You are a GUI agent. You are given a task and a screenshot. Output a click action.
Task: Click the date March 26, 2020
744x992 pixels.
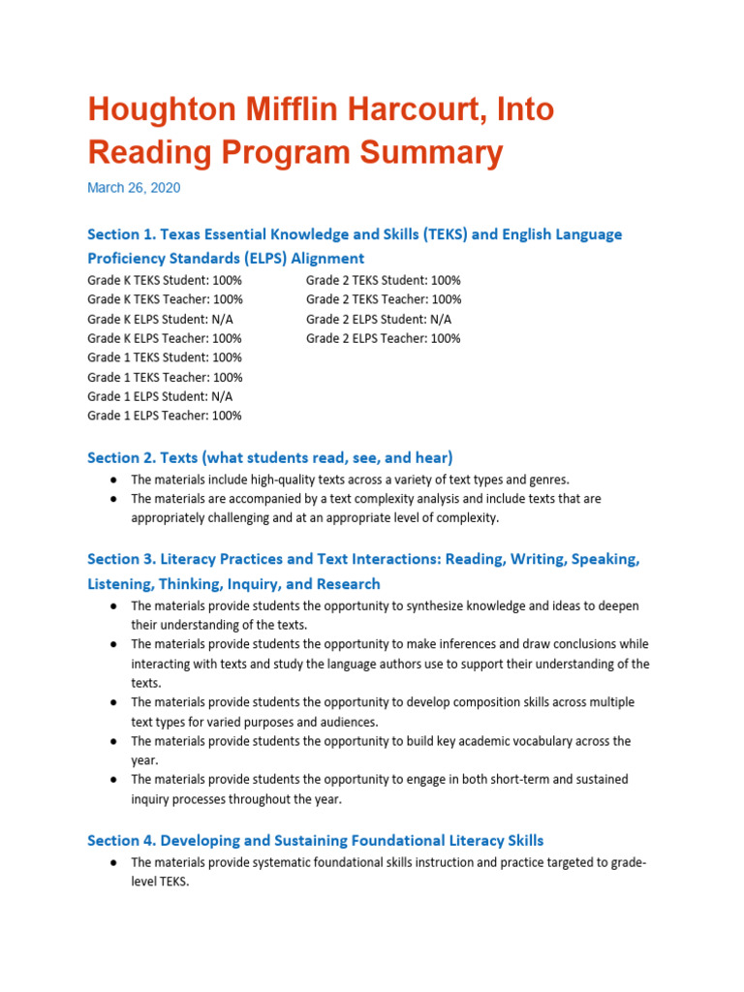134,188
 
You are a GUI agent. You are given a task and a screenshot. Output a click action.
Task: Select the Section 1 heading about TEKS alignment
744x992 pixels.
355,234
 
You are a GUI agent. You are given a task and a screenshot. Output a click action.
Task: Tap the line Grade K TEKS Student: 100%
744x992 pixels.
165,280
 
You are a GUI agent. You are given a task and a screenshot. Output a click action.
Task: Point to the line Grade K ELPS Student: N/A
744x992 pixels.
160,319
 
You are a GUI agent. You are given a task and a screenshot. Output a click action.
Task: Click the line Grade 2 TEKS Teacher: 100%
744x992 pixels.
384,299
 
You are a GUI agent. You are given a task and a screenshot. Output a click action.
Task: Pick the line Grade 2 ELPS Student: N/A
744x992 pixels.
379,319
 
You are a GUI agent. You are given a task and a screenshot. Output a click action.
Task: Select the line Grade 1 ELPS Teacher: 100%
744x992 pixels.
165,416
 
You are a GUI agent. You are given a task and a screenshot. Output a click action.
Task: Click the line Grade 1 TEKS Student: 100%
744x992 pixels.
165,357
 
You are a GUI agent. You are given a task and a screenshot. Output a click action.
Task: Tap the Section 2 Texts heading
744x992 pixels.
270,457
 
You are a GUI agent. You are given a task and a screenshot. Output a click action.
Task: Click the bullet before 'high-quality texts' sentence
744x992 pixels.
113,480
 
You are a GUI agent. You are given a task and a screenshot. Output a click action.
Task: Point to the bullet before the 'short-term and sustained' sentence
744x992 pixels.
113,780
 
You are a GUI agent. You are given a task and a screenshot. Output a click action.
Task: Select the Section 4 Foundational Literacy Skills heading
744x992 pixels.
315,841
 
